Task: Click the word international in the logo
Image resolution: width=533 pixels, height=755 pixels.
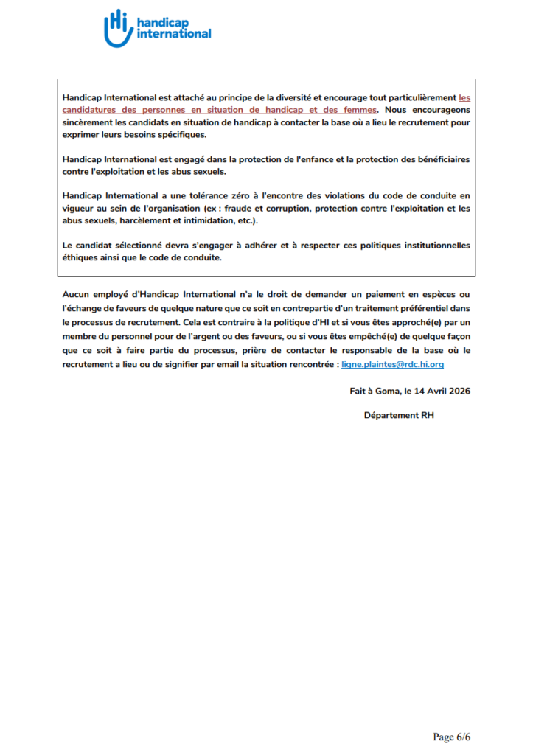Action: point(174,33)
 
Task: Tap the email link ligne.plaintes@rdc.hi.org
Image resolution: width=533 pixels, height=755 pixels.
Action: point(393,364)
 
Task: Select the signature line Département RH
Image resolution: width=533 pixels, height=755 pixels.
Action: point(399,415)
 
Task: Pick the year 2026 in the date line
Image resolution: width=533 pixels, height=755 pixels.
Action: point(457,391)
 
